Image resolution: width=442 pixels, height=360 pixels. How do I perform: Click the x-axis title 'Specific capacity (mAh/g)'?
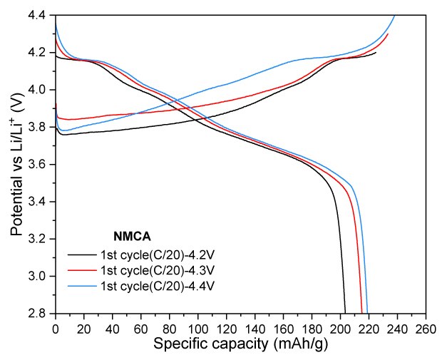240,346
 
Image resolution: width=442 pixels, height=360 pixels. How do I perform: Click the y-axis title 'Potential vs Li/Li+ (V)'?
17,163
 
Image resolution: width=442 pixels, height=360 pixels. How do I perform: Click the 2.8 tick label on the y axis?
40,313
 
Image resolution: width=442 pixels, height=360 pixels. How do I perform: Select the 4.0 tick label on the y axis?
40,90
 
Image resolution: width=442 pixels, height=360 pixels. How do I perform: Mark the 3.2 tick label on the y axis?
40,239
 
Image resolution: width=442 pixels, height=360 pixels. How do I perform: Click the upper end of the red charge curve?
388,34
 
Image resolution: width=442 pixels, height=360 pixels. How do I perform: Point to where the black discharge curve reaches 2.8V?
345,312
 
